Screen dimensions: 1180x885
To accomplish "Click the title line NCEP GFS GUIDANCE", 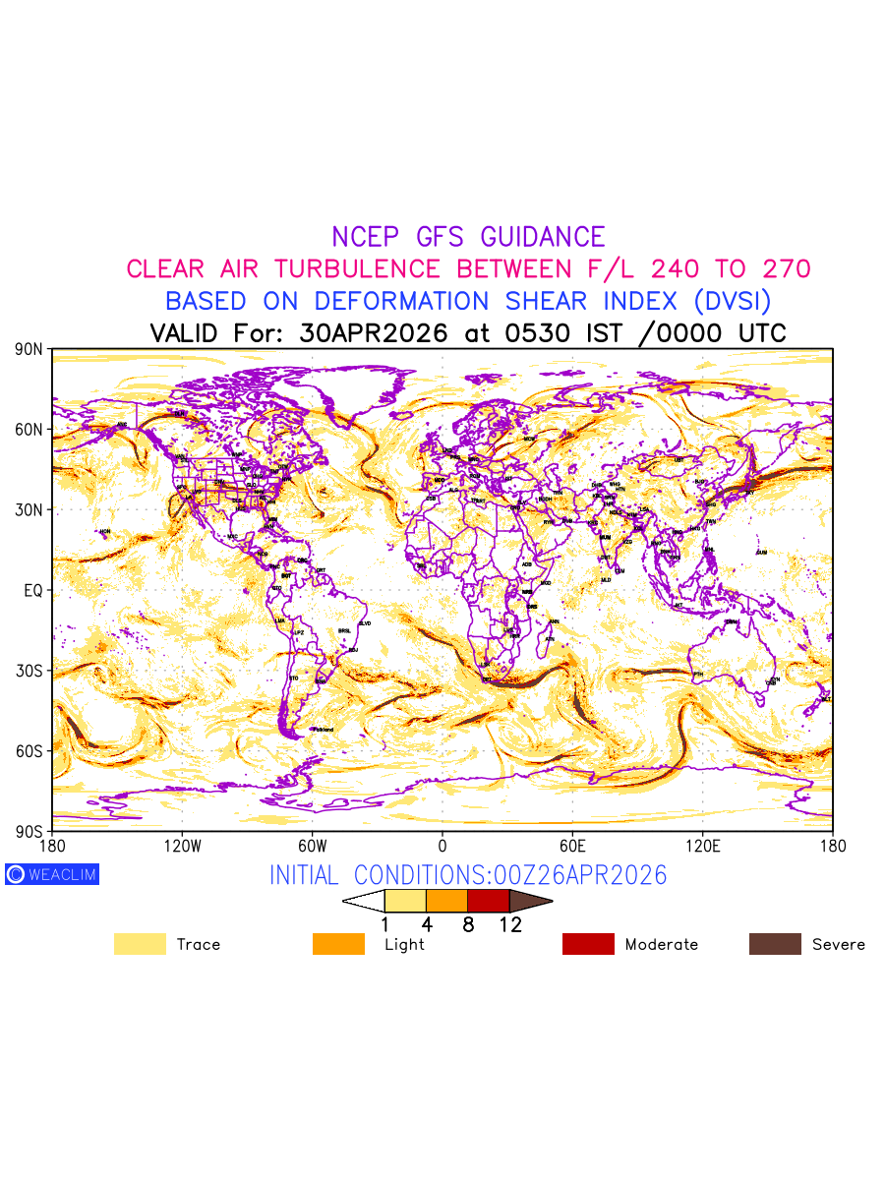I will click(468, 237).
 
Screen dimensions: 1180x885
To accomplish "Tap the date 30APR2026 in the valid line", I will click(374, 333).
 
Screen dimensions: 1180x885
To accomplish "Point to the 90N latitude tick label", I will click(29, 349).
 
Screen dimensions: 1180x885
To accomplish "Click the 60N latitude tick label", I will click(29, 430).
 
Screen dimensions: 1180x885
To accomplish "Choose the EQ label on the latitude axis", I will click(33, 590).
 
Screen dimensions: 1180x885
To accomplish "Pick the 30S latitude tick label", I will click(29, 671).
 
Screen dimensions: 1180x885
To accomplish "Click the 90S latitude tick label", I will click(29, 831).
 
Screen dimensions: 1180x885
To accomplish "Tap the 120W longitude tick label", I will click(182, 845).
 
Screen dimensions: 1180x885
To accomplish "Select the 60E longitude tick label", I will click(572, 845).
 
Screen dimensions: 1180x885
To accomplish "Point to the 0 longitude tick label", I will click(442, 845).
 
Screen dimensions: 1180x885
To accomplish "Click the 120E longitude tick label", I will click(702, 845).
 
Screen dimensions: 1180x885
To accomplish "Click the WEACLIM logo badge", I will click(52, 874).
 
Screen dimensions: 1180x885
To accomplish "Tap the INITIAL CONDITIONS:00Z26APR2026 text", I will click(468, 875).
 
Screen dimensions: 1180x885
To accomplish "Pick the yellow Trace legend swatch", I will click(140, 944).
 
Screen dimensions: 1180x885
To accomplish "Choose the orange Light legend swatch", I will click(338, 944).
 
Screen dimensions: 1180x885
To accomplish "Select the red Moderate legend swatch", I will click(588, 944).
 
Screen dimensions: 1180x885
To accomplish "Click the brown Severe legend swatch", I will click(775, 944).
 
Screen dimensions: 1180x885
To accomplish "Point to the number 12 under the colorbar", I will click(509, 924).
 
